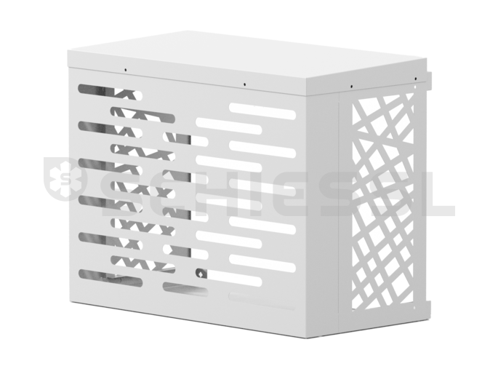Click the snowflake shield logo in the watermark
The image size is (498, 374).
coord(65,178)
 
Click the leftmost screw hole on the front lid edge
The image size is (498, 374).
coord(126,70)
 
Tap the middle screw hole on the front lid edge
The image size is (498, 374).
coord(244,84)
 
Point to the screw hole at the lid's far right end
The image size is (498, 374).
coord(415,79)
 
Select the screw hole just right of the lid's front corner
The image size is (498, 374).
coord(351,87)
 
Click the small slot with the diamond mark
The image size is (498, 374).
coord(201,273)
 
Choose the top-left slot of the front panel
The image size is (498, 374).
coord(111,92)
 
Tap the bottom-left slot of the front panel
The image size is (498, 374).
coord(111,278)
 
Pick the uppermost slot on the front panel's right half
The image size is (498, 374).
coord(262,111)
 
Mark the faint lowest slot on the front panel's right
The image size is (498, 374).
coord(262,301)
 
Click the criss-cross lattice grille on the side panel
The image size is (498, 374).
coord(382,201)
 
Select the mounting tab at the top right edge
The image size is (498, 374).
coord(429,81)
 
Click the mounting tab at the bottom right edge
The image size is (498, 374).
coord(429,310)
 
